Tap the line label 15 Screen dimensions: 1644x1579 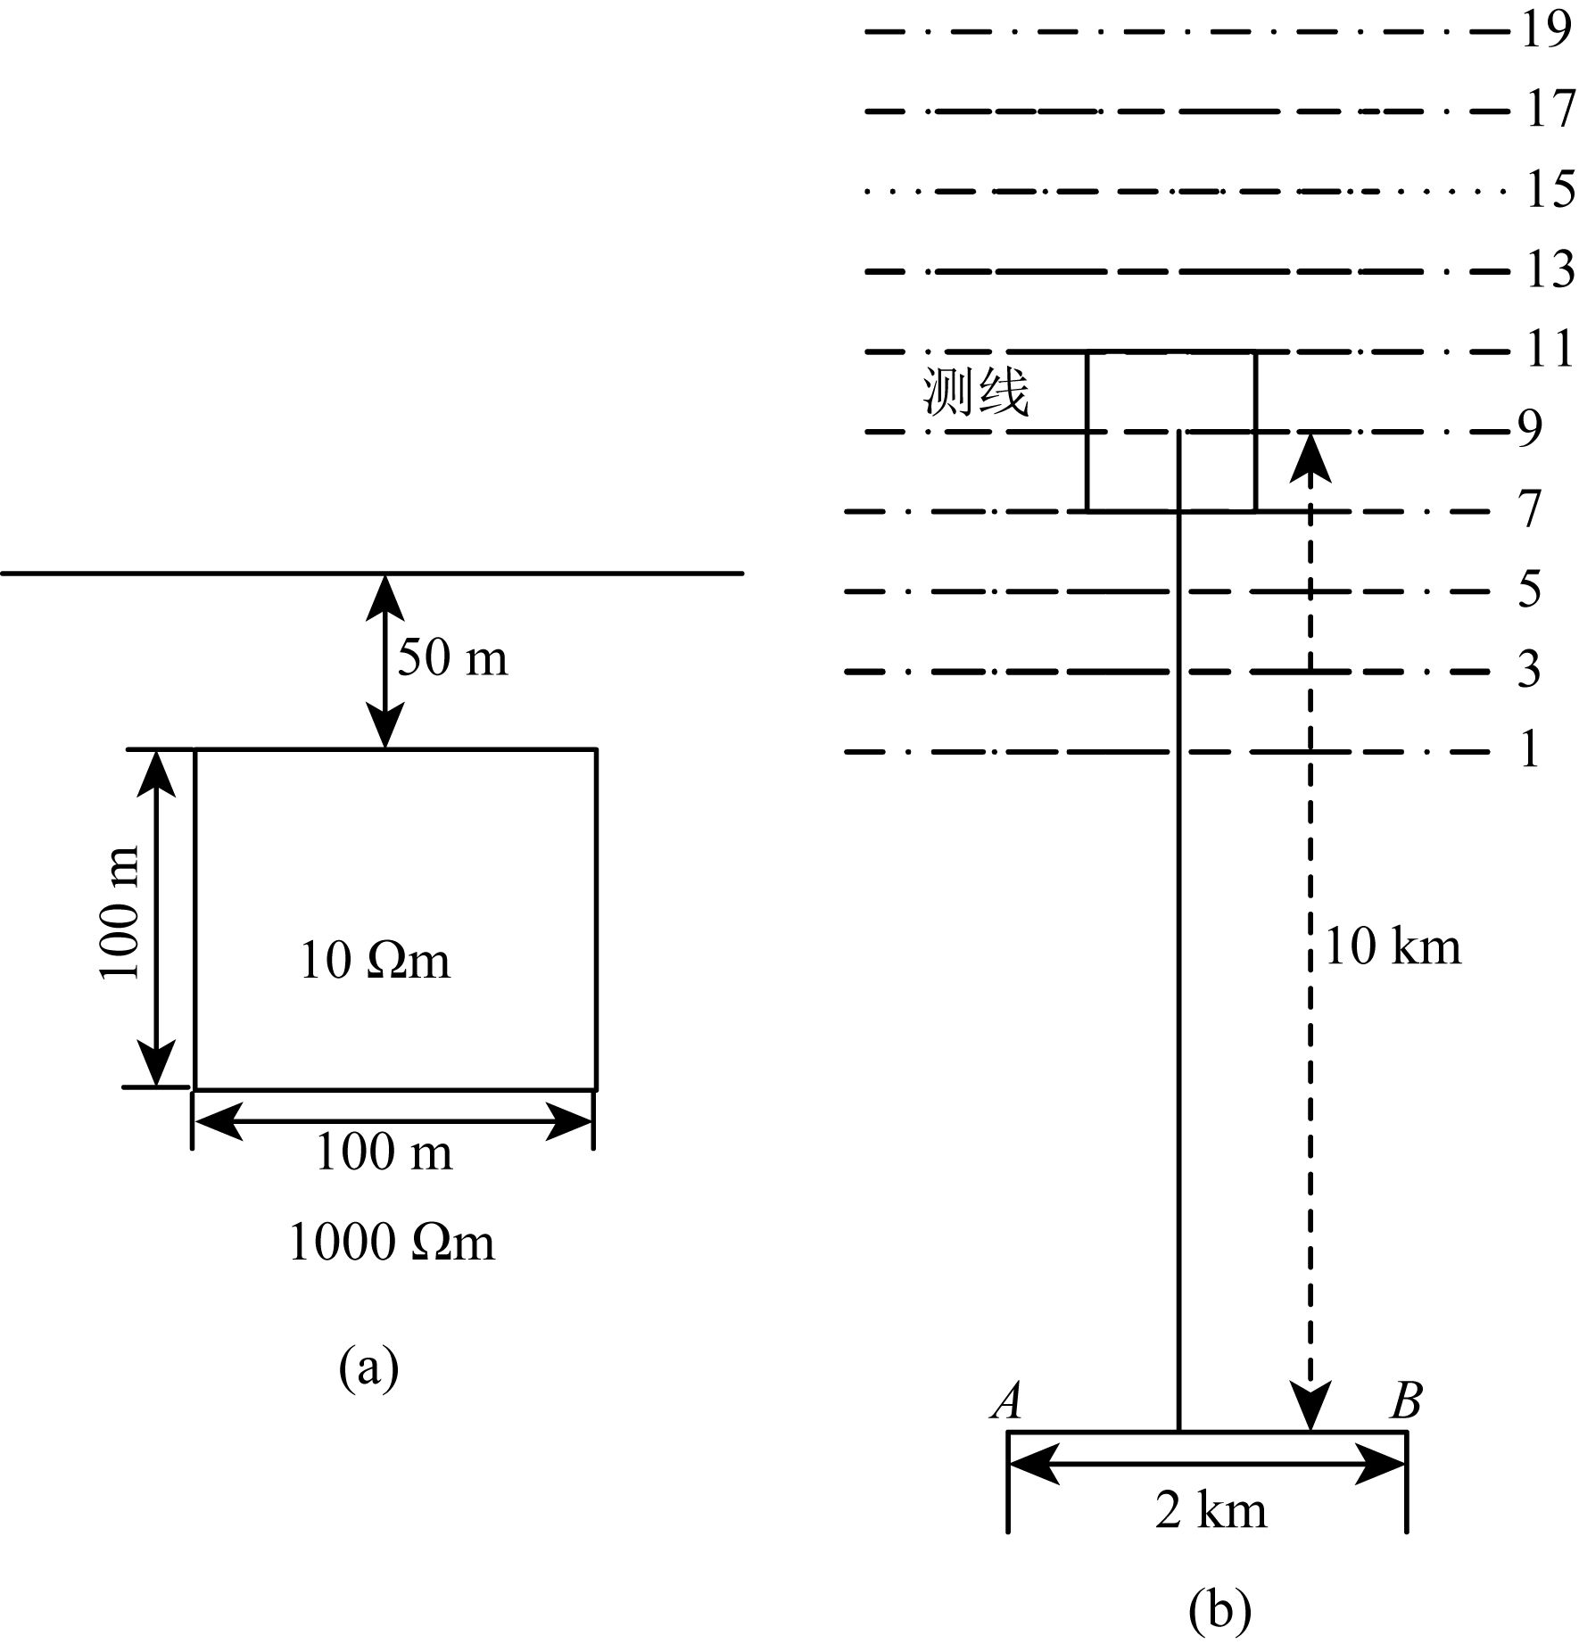click(1550, 190)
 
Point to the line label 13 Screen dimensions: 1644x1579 click(1550, 270)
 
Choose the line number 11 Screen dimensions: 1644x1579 click(1550, 349)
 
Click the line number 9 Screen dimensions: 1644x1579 click(1530, 430)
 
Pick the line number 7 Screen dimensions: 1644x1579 click(1530, 510)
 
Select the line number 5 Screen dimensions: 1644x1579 click(1530, 590)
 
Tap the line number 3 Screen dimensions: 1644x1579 click(1530, 670)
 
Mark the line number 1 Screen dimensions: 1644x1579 click(1530, 750)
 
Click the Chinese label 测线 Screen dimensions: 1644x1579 click(976, 393)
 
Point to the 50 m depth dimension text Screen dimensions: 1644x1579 click(452, 659)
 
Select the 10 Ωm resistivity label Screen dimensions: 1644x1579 click(375, 962)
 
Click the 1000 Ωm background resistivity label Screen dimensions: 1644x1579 click(391, 1243)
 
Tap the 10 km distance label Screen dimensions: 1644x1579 click(1393, 947)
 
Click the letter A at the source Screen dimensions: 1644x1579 click(1007, 1402)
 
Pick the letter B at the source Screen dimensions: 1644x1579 click(1406, 1402)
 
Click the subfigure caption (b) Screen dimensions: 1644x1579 click(1219, 1610)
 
